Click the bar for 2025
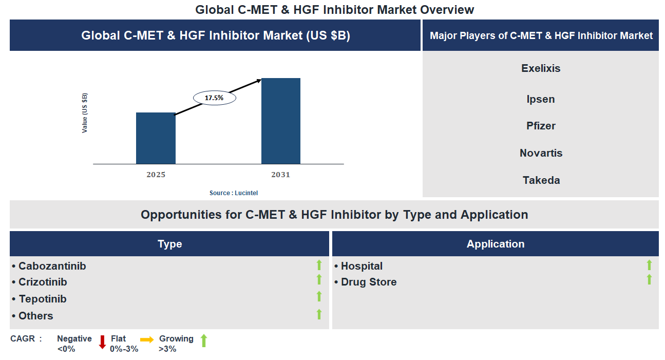(156, 138)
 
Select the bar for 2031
(281, 121)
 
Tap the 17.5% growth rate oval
(214, 97)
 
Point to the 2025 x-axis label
(156, 175)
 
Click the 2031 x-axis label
(281, 175)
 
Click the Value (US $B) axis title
(85, 113)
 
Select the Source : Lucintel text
(234, 193)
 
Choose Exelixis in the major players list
(541, 68)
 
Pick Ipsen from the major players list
(541, 99)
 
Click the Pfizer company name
(541, 126)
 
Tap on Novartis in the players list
(541, 153)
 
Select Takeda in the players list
(541, 180)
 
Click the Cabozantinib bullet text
(52, 266)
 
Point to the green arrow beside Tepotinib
(319, 296)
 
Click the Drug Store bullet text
(368, 282)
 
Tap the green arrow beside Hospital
(649, 265)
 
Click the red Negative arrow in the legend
(102, 342)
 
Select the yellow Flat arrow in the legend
(147, 339)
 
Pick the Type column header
(169, 244)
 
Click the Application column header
(495, 244)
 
